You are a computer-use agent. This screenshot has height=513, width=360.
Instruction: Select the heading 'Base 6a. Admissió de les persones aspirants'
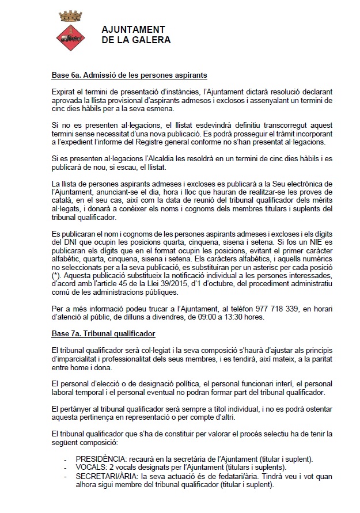pyautogui.click(x=130, y=75)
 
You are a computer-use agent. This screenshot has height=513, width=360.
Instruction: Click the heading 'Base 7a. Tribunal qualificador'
pyautogui.click(x=104, y=334)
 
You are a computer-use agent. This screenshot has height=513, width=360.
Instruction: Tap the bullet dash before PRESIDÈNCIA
pyautogui.click(x=68, y=459)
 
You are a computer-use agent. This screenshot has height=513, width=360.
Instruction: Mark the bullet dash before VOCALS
pyautogui.click(x=68, y=467)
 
